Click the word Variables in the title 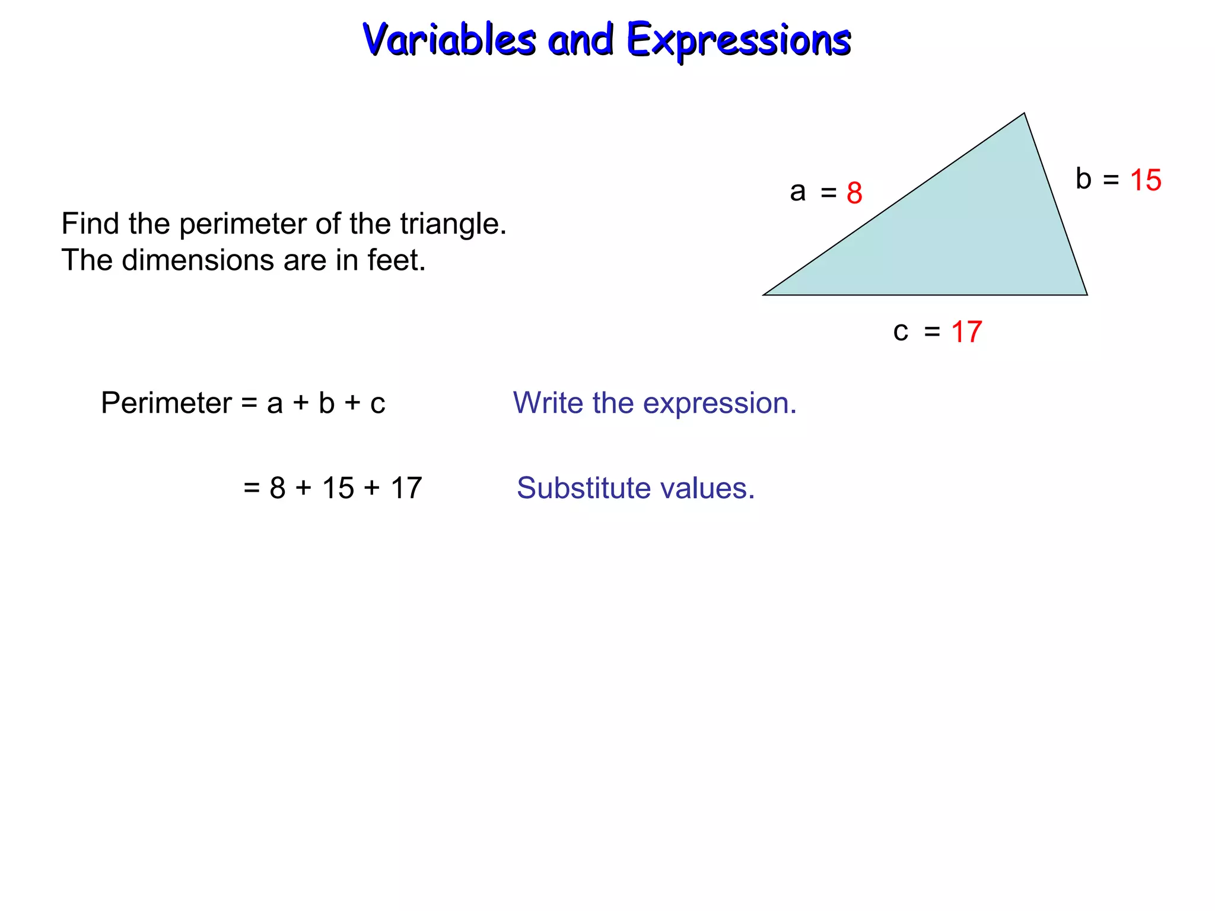[449, 40]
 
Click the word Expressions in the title [739, 40]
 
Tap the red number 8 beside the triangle [854, 193]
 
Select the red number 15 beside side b [1145, 180]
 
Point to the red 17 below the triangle [966, 332]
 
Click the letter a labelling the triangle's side [797, 192]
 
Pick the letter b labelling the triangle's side [1083, 179]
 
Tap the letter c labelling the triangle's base [901, 332]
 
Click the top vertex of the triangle [1024, 113]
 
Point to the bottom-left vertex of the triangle [764, 295]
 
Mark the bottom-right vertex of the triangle [1087, 295]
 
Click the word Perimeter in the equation [166, 403]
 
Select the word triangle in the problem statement [453, 224]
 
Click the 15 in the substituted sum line [338, 488]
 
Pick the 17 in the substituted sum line [406, 488]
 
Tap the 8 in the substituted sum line [277, 488]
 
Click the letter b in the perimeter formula [327, 403]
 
